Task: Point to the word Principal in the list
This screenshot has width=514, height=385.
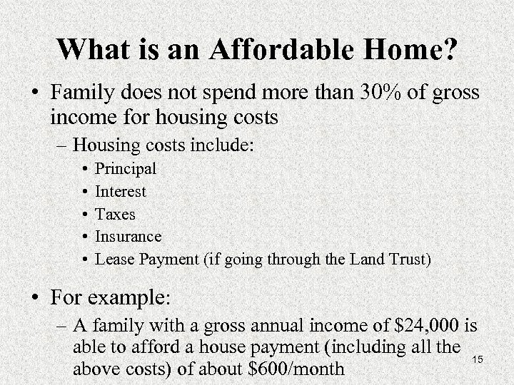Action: [x=126, y=170]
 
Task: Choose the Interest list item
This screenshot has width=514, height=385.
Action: [x=121, y=192]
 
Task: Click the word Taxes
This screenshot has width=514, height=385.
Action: [x=116, y=214]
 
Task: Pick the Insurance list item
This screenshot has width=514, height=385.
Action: [x=128, y=236]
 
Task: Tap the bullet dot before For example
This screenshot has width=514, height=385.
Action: [x=34, y=294]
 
